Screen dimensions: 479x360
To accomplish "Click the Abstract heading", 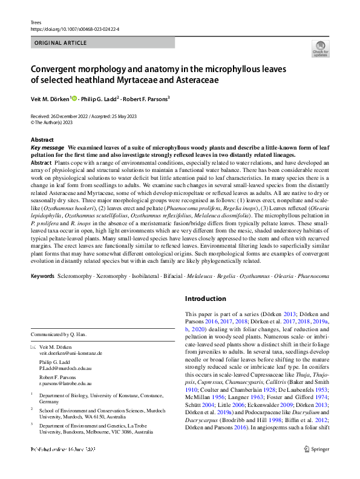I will pos(42,140).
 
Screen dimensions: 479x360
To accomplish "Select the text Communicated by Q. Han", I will pos(60,334).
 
